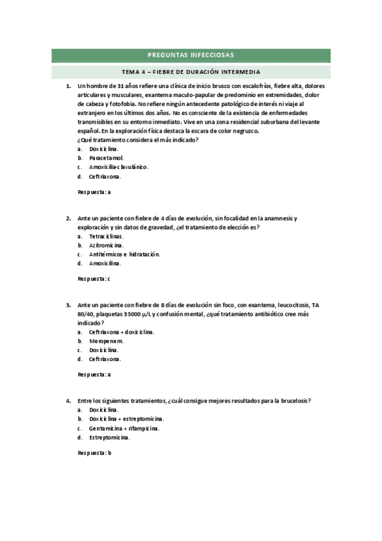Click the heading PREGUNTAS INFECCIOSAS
[191, 55]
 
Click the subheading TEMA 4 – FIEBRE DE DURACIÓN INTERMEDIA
[191, 71]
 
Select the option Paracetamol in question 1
[107, 157]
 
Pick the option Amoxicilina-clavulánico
[119, 167]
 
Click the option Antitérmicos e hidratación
[124, 254]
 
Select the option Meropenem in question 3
[107, 341]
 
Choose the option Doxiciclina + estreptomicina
[126, 419]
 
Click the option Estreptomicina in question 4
[110, 438]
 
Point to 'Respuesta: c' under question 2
[94, 278]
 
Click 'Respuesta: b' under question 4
[94, 453]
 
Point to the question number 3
[68, 306]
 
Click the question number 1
[68, 85]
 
